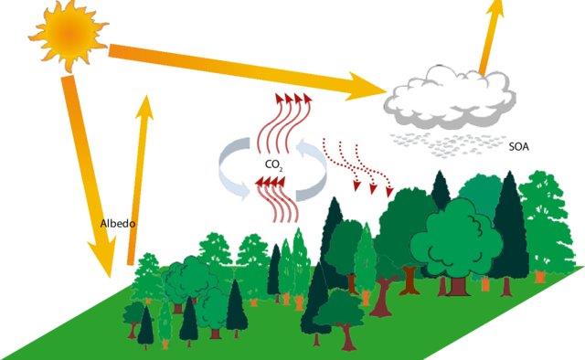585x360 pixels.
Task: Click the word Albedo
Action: pos(117,222)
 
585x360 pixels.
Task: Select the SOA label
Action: pos(520,145)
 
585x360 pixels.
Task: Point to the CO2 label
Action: pos(273,164)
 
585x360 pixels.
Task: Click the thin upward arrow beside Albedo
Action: pos(138,174)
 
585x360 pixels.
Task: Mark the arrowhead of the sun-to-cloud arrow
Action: pos(379,90)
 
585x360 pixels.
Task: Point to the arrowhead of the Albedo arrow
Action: pos(144,99)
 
